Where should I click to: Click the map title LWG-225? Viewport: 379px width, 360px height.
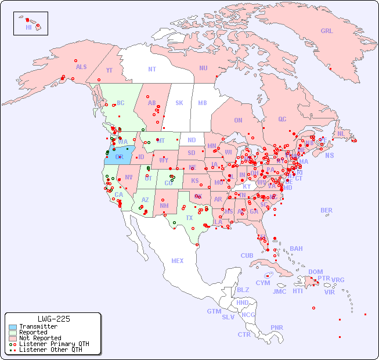pos(53,319)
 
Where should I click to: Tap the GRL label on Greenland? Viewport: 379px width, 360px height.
pos(327,31)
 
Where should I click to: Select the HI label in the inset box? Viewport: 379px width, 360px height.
pos(28,27)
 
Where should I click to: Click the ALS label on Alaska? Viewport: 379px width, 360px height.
pos(81,67)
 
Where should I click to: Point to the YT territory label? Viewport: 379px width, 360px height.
pos(109,70)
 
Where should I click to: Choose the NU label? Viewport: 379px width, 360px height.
pos(203,68)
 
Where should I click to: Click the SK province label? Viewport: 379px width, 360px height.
pos(179,103)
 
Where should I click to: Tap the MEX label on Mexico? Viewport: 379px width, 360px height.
pos(177,261)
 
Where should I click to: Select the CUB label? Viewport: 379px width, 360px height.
pos(247,255)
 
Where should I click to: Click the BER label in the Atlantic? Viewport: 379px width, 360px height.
pos(326,210)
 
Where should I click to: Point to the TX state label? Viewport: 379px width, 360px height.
pos(189,218)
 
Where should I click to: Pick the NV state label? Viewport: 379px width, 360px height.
pos(128,177)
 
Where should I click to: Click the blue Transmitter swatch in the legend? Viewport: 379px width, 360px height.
pos(12,327)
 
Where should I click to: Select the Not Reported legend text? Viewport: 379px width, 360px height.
pos(39,338)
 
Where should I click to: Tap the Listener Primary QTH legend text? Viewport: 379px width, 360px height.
pos(53,344)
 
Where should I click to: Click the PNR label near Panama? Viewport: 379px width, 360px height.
pos(277,327)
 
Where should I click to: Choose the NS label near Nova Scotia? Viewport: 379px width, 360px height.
pos(329,155)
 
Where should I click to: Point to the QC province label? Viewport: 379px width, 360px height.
pos(282,119)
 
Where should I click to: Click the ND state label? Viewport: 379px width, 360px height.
pos(192,140)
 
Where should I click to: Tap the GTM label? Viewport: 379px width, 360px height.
pos(214,311)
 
